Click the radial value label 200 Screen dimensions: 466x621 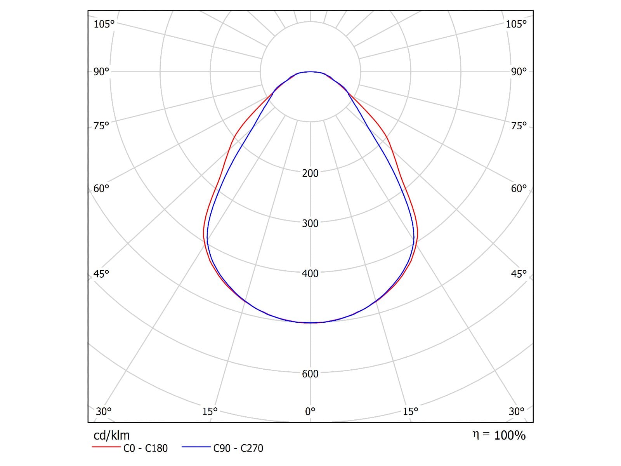point(310,173)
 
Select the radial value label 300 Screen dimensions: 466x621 point(310,223)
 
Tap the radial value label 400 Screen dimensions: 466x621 point(310,273)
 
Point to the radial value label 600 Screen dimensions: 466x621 point(310,374)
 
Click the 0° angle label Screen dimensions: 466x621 point(310,411)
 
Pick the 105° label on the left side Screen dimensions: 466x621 point(104,24)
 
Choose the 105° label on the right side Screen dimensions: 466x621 point(516,24)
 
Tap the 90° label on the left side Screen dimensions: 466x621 point(101,71)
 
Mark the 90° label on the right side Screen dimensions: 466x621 point(519,71)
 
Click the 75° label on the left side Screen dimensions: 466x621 point(101,125)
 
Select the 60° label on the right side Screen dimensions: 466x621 point(519,188)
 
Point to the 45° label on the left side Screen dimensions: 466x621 point(101,274)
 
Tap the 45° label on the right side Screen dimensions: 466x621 point(519,274)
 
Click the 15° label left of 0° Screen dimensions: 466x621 point(210,411)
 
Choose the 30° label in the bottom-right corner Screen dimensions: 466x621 point(516,411)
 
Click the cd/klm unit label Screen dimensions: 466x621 point(111,435)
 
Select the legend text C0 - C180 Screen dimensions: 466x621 point(146,448)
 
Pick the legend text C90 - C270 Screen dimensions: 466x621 point(238,448)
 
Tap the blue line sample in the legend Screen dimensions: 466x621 point(196,447)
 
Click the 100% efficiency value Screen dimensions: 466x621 point(510,435)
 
